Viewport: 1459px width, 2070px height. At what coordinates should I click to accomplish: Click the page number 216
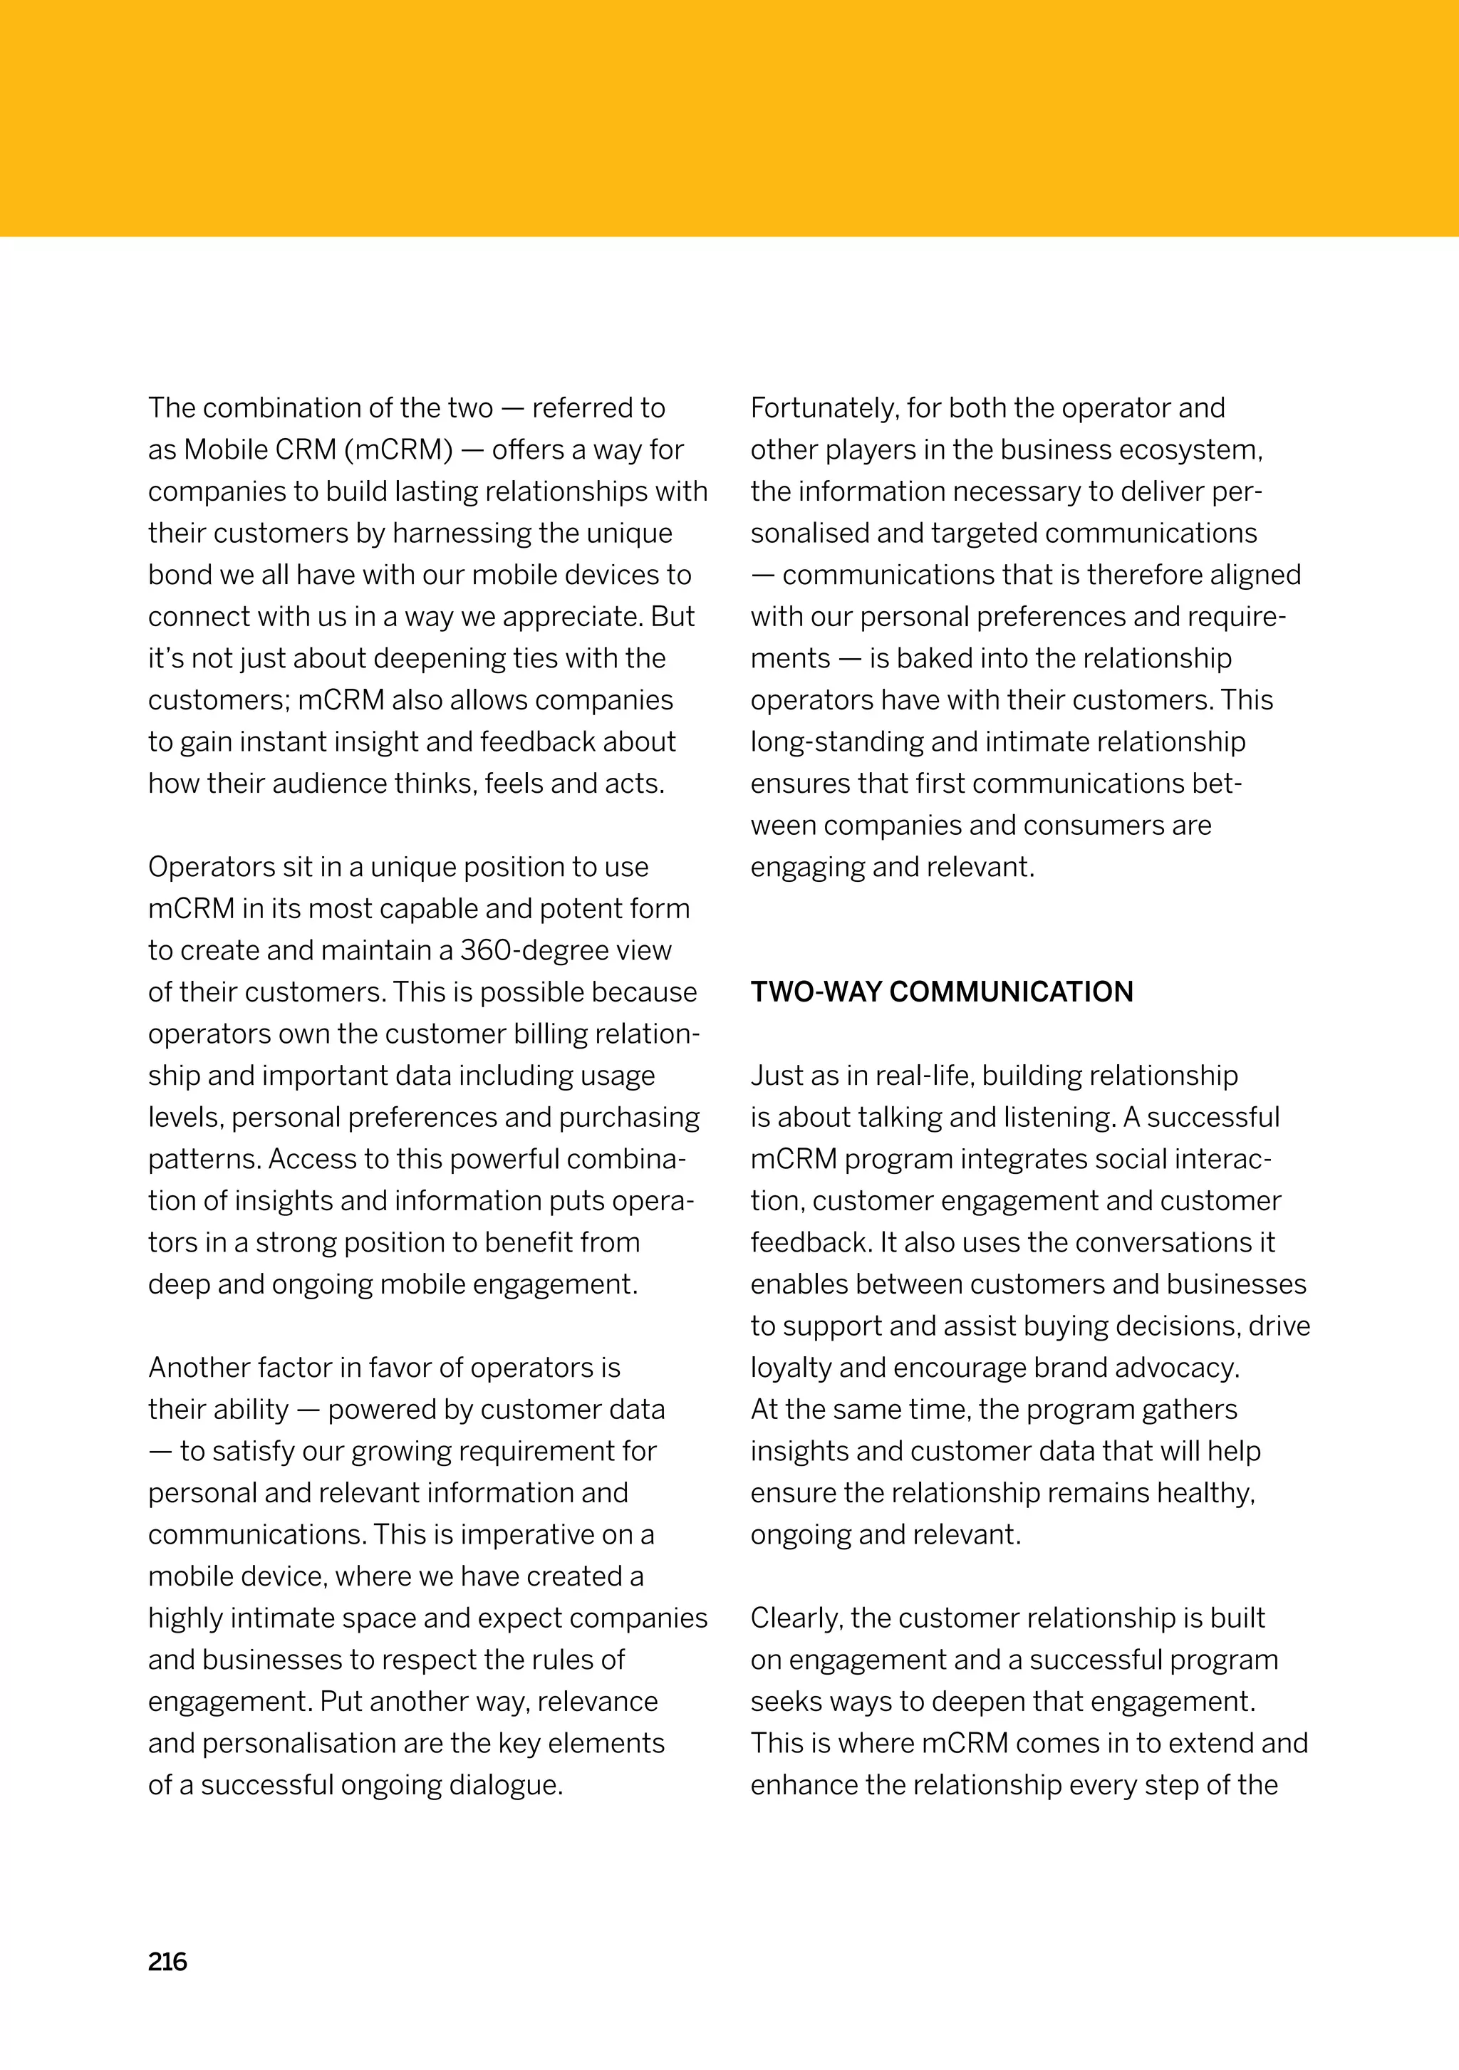tap(167, 1962)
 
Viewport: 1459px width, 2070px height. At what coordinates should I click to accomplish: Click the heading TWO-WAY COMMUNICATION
tap(941, 992)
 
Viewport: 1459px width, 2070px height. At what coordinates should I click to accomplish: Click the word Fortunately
tap(824, 408)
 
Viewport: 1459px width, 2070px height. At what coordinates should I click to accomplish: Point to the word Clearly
tap(796, 1618)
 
